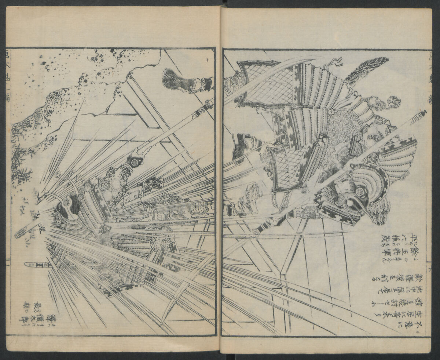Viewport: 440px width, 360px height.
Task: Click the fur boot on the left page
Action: tap(175, 80)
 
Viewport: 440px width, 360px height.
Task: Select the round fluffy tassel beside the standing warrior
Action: tap(394, 101)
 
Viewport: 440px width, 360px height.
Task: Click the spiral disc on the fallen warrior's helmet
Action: tap(66, 202)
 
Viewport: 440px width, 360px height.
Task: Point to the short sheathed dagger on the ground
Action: tap(35, 265)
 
